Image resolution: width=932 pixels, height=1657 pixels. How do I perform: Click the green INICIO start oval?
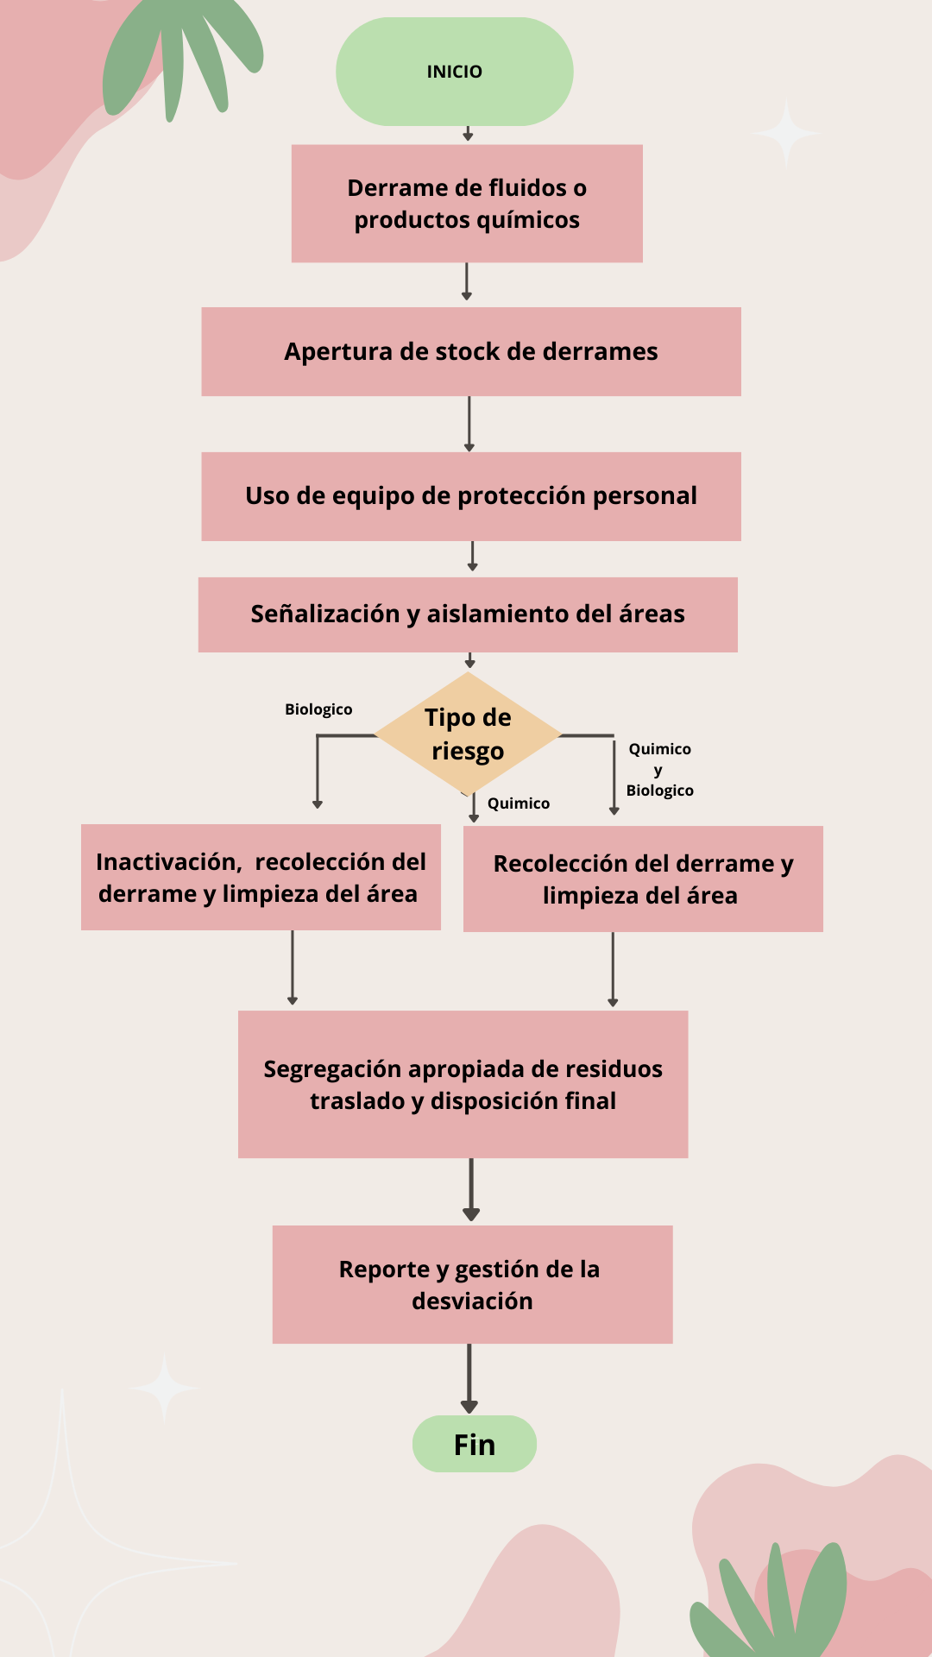click(x=454, y=72)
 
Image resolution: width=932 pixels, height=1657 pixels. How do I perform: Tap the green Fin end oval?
click(x=474, y=1444)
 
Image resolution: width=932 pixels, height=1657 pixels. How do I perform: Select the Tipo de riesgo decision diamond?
click(x=468, y=734)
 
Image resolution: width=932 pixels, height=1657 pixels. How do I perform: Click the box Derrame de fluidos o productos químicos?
click(x=467, y=204)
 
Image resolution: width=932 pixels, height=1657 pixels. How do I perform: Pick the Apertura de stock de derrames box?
click(x=471, y=352)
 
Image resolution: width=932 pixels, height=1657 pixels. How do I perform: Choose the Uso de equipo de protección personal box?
click(x=471, y=496)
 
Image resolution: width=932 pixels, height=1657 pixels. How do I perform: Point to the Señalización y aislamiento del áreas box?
click(x=468, y=614)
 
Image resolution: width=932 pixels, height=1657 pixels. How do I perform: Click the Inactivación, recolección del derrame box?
click(x=261, y=877)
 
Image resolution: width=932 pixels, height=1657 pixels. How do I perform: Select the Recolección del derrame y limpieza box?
click(x=643, y=879)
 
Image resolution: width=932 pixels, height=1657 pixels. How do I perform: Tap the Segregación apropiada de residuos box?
click(x=463, y=1084)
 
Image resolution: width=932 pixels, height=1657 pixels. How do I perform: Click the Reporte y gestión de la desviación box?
click(x=472, y=1284)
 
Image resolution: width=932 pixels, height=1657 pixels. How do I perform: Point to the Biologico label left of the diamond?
click(x=318, y=709)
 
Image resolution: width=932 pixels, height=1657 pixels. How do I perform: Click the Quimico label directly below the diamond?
click(x=518, y=803)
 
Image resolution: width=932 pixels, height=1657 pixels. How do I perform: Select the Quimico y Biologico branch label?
click(x=660, y=770)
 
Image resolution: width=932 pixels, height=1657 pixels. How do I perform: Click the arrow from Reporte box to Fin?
click(x=469, y=1378)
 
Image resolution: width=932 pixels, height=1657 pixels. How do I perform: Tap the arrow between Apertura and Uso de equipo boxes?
click(x=469, y=424)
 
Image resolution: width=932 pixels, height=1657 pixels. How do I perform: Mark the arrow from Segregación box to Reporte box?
click(x=471, y=1189)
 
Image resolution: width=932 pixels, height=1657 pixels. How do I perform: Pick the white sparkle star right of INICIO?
click(x=786, y=133)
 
